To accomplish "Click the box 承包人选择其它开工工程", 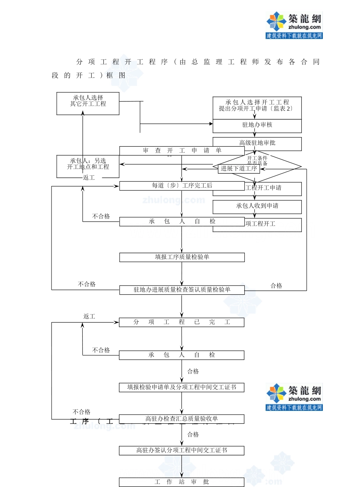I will click(x=88, y=103).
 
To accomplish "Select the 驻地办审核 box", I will click(x=257, y=125).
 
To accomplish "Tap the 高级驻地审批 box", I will click(x=257, y=143).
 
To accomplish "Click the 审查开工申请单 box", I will click(x=182, y=150).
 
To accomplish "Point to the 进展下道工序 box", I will click(x=239, y=169).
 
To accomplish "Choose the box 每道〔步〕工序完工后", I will click(x=182, y=186).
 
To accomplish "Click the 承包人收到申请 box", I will click(x=257, y=206).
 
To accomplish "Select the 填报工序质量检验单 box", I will click(x=182, y=257).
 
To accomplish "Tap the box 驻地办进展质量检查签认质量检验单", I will click(x=182, y=290).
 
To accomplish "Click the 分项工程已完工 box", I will click(x=182, y=322).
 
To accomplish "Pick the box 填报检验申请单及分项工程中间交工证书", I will click(x=182, y=387).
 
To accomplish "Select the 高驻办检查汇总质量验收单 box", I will click(x=182, y=419).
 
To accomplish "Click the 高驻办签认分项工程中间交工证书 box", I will click(x=182, y=451).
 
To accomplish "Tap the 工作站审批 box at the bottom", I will click(x=182, y=482).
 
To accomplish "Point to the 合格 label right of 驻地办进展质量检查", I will click(x=276, y=286).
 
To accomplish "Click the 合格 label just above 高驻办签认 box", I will click(x=193, y=435).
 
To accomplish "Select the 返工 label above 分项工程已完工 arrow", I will click(x=89, y=316).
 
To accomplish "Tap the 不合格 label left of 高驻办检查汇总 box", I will click(x=81, y=412).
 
